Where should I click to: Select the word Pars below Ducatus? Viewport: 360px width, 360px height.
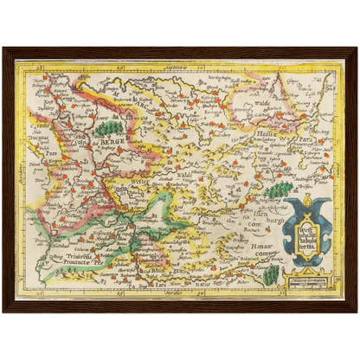[42, 184]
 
